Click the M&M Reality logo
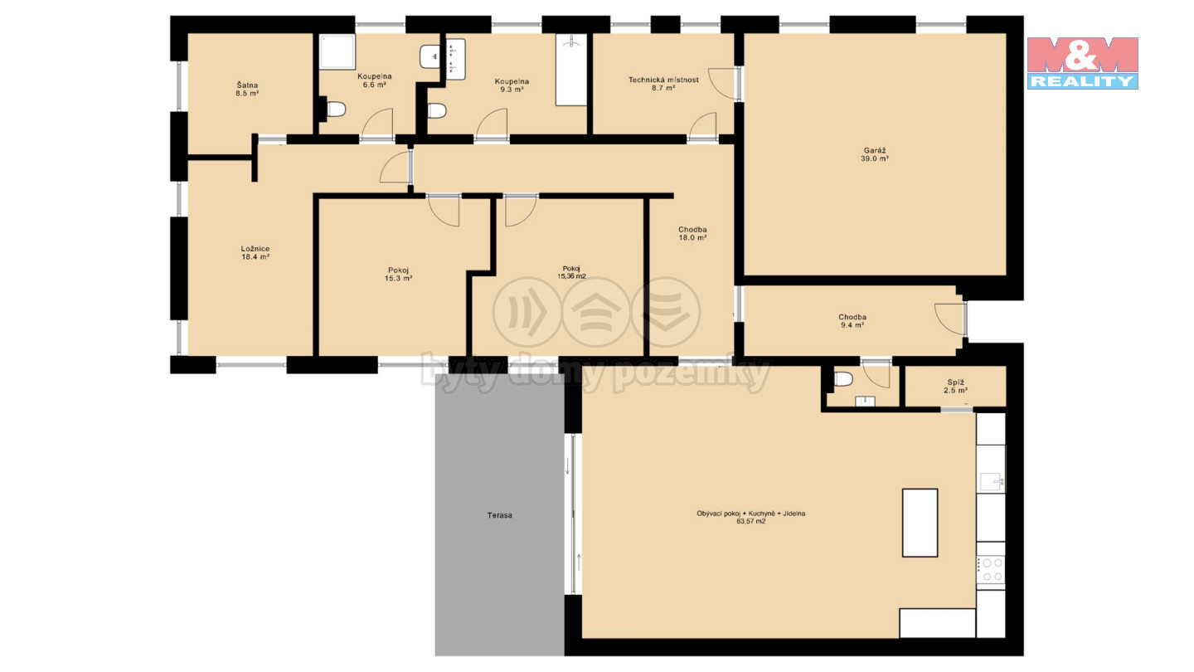(x=1083, y=63)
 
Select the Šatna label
(x=247, y=85)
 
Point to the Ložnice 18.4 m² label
(x=255, y=252)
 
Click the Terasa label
(x=499, y=515)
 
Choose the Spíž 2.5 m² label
(x=956, y=386)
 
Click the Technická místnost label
(x=663, y=80)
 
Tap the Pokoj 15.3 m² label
(x=399, y=274)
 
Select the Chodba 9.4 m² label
(x=852, y=320)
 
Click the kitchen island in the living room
(x=920, y=523)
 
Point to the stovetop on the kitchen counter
(x=991, y=570)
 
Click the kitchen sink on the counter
(x=992, y=481)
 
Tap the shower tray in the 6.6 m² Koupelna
(x=337, y=51)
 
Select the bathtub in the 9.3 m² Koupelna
(x=570, y=70)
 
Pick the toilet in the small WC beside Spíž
(x=843, y=379)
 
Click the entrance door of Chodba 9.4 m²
(x=950, y=319)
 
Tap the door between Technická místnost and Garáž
(x=724, y=84)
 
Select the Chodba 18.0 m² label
(x=692, y=234)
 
